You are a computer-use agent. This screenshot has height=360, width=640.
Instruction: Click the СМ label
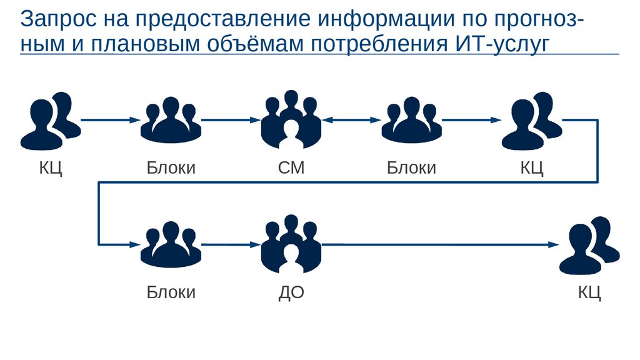(291, 167)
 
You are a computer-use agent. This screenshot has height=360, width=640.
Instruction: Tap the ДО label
(291, 292)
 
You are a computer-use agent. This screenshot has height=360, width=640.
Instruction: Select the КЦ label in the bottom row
(589, 292)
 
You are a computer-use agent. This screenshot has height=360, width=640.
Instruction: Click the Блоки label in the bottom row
(171, 292)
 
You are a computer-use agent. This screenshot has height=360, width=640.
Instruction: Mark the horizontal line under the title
(319, 54)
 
